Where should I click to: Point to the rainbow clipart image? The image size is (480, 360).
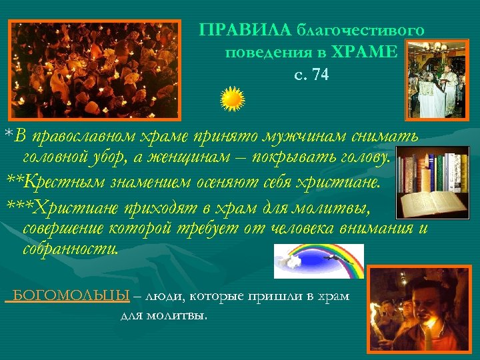click(x=319, y=261)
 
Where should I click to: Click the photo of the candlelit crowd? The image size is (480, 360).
click(x=95, y=68)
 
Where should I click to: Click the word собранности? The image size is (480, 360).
click(x=71, y=249)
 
